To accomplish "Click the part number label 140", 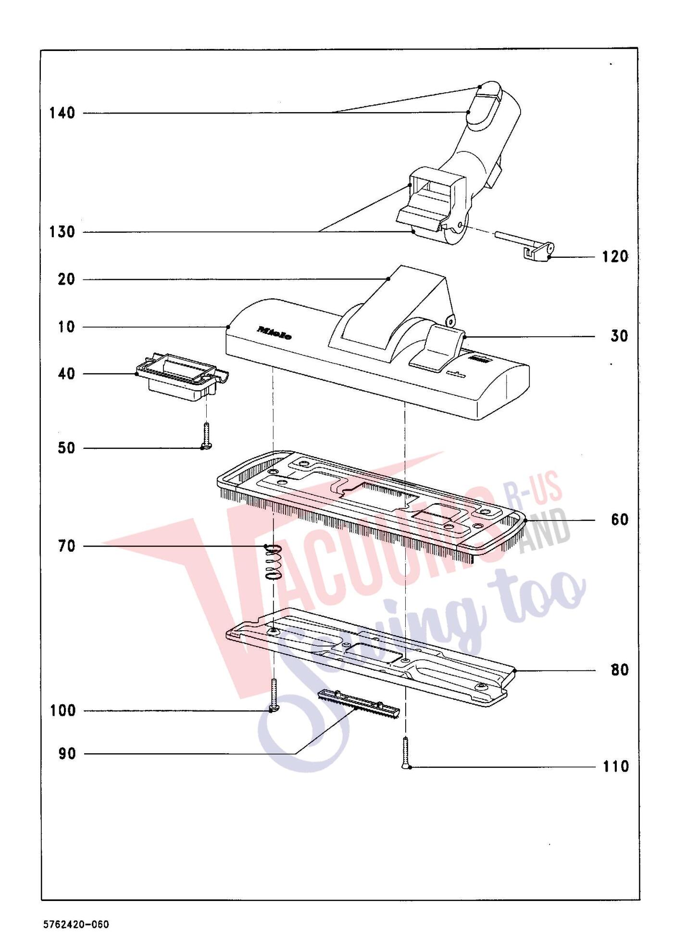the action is pos(62,113).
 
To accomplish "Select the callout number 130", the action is pos(62,232).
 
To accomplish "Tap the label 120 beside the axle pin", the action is pos(615,256).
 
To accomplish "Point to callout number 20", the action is pos(66,279).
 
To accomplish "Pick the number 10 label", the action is pos(66,327).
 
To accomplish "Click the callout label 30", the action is pos(619,336).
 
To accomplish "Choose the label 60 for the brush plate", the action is pos(619,520).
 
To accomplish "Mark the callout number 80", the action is pos(619,670).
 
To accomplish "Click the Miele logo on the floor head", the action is pos(274,333).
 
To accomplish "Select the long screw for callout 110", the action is pos(407,753).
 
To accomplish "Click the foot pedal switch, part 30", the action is pos(438,347).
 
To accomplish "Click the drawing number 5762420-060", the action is pos(76,924).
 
